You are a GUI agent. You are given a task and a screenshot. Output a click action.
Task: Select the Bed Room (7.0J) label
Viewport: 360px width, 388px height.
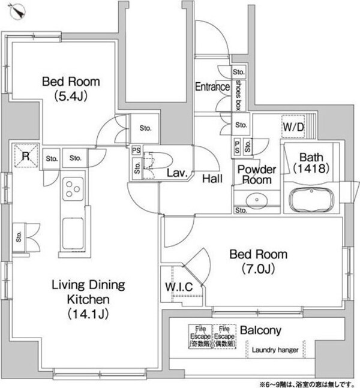pos(259,260)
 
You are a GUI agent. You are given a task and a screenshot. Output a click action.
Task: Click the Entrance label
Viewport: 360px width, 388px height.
pos(212,87)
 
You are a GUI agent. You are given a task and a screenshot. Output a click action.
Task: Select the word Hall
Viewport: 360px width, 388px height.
pos(213,178)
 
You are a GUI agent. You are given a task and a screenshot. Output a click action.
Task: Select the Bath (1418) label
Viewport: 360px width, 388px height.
pos(313,162)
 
